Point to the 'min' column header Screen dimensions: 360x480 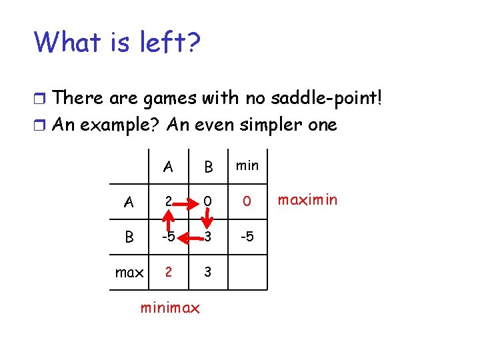click(247, 165)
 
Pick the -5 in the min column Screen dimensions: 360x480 click(247, 237)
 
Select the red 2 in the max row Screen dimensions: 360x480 click(169, 272)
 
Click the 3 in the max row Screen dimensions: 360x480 click(207, 272)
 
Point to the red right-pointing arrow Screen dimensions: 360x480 click(189, 200)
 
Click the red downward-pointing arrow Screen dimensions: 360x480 click(207, 218)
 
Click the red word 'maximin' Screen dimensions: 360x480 click(307, 199)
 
